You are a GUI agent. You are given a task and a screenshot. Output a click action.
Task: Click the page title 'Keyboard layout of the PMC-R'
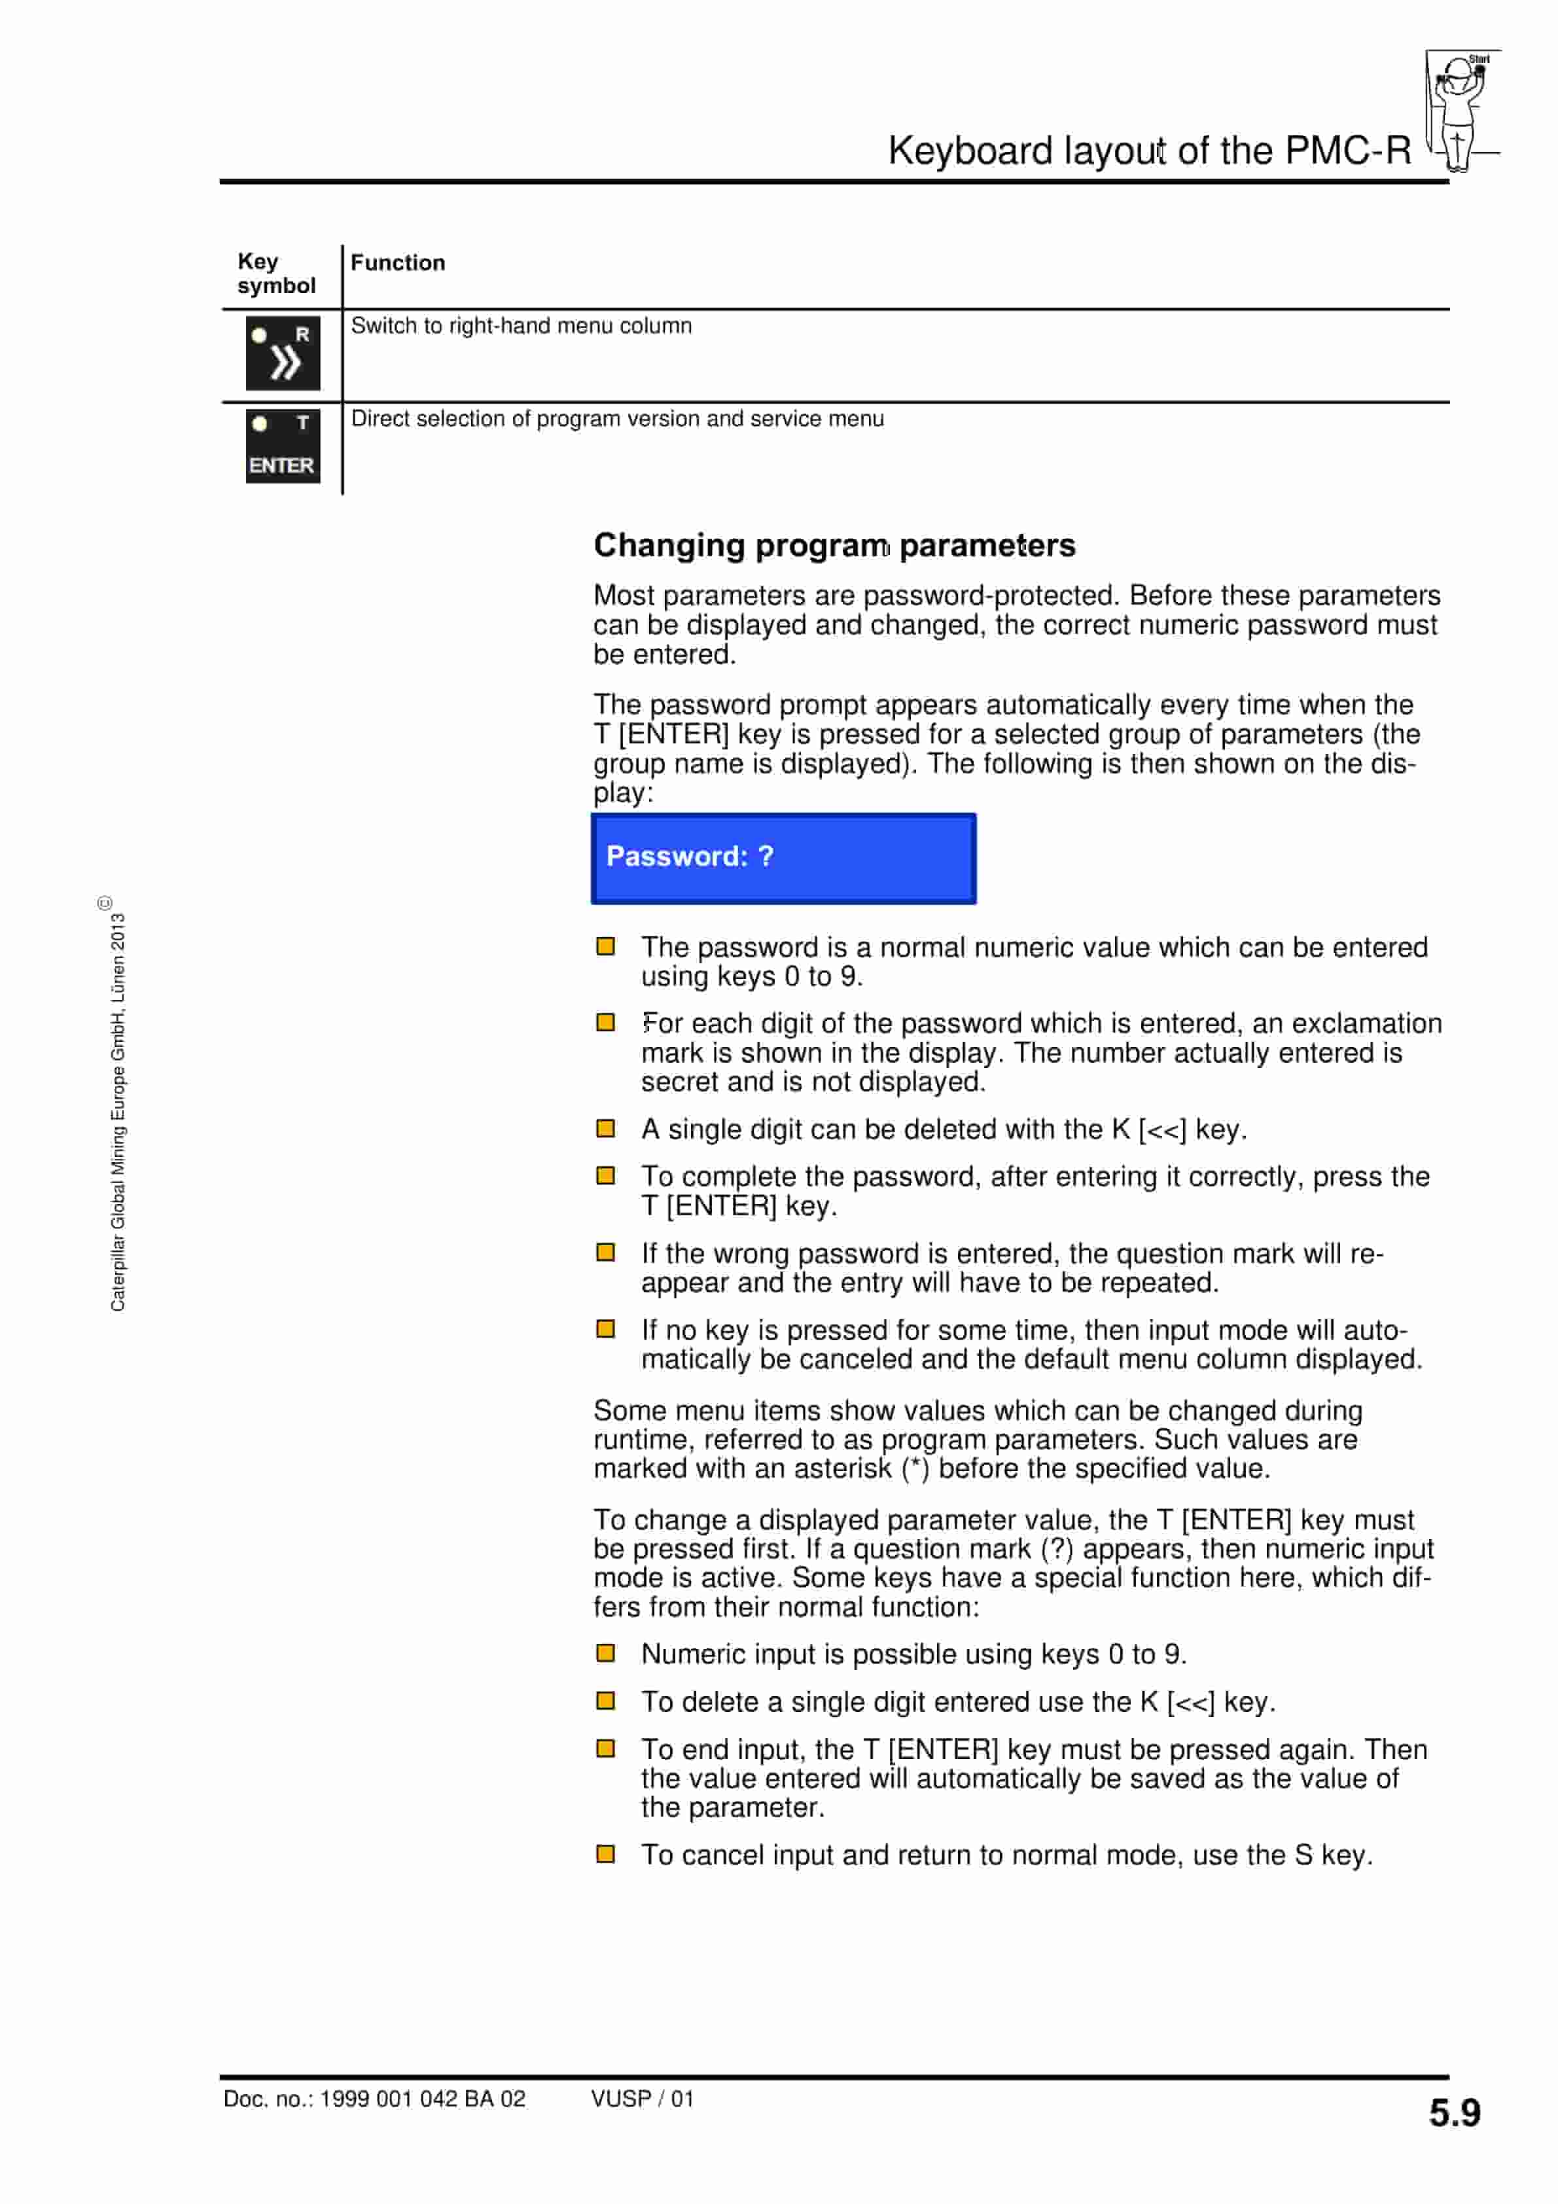coord(1149,151)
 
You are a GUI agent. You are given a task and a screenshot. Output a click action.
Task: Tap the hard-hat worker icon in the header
coord(1460,111)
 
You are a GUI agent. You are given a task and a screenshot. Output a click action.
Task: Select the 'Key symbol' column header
coord(277,274)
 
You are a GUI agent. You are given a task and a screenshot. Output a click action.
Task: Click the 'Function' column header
coord(397,263)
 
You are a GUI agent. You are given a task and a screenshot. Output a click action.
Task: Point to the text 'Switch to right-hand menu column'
coord(522,327)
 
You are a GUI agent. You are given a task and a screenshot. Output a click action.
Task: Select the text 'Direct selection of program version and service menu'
coord(617,419)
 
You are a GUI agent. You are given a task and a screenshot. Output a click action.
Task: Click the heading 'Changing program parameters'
coord(834,545)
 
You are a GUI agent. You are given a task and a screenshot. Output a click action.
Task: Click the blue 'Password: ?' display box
coord(783,858)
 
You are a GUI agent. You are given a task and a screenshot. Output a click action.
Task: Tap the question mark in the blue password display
coord(765,856)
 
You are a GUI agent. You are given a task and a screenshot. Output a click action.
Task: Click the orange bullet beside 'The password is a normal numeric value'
coord(606,946)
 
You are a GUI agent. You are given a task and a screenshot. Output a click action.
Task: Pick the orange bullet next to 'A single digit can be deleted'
coord(606,1128)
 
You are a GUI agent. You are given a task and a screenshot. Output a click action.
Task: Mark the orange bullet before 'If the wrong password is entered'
coord(606,1253)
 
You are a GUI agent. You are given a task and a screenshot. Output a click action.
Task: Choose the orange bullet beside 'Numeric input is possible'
coord(606,1653)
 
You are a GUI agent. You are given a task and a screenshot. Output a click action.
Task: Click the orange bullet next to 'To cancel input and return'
coord(606,1854)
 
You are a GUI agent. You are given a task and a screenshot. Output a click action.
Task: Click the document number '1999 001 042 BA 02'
coord(422,2099)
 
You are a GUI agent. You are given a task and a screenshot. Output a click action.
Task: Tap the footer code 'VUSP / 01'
coord(641,2099)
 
